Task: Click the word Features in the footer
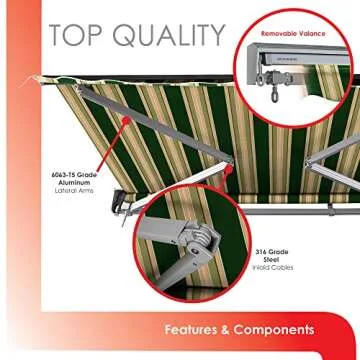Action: click(x=196, y=329)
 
